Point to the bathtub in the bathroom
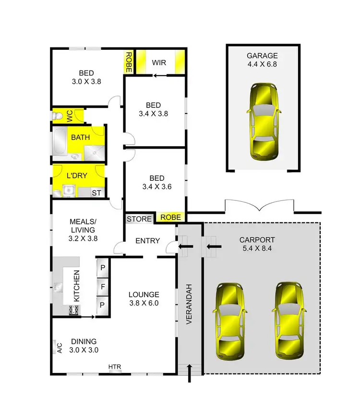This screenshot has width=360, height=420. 61,142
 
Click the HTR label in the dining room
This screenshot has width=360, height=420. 115,367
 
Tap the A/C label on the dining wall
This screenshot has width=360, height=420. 60,347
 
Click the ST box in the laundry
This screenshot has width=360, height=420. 96,193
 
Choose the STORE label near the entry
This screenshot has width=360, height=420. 139,219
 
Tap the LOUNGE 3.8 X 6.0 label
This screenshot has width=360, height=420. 144,299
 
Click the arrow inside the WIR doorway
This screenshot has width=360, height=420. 159,75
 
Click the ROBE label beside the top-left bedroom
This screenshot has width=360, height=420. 129,62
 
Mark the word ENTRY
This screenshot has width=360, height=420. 147,241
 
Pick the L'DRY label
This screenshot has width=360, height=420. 77,175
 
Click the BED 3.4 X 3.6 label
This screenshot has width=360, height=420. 154,184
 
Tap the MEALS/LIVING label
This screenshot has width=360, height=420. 84,229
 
